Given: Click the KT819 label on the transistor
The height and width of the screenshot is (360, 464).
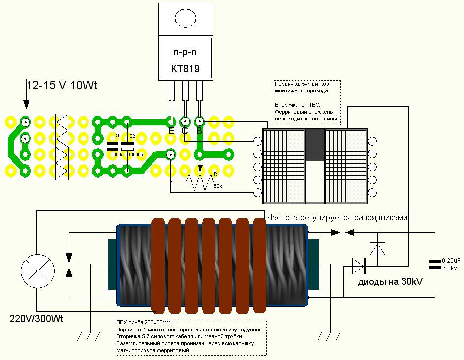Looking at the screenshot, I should point(185,68).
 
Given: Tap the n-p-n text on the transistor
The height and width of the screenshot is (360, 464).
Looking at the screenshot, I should point(185,52).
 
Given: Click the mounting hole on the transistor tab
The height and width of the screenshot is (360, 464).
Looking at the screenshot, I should point(185,18).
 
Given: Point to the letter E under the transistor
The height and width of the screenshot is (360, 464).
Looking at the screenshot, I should point(171,131).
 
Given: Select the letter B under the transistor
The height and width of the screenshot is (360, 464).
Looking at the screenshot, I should point(199,131).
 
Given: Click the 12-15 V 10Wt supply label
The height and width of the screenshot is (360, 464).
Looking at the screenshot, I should point(62,85).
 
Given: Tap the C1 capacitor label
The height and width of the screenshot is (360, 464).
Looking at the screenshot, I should point(116,135).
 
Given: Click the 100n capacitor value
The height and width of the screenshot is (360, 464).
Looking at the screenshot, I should point(118,155).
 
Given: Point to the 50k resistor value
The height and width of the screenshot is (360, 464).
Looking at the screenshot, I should point(217,186).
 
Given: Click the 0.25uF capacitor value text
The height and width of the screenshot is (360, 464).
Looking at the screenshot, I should point(451,260).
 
